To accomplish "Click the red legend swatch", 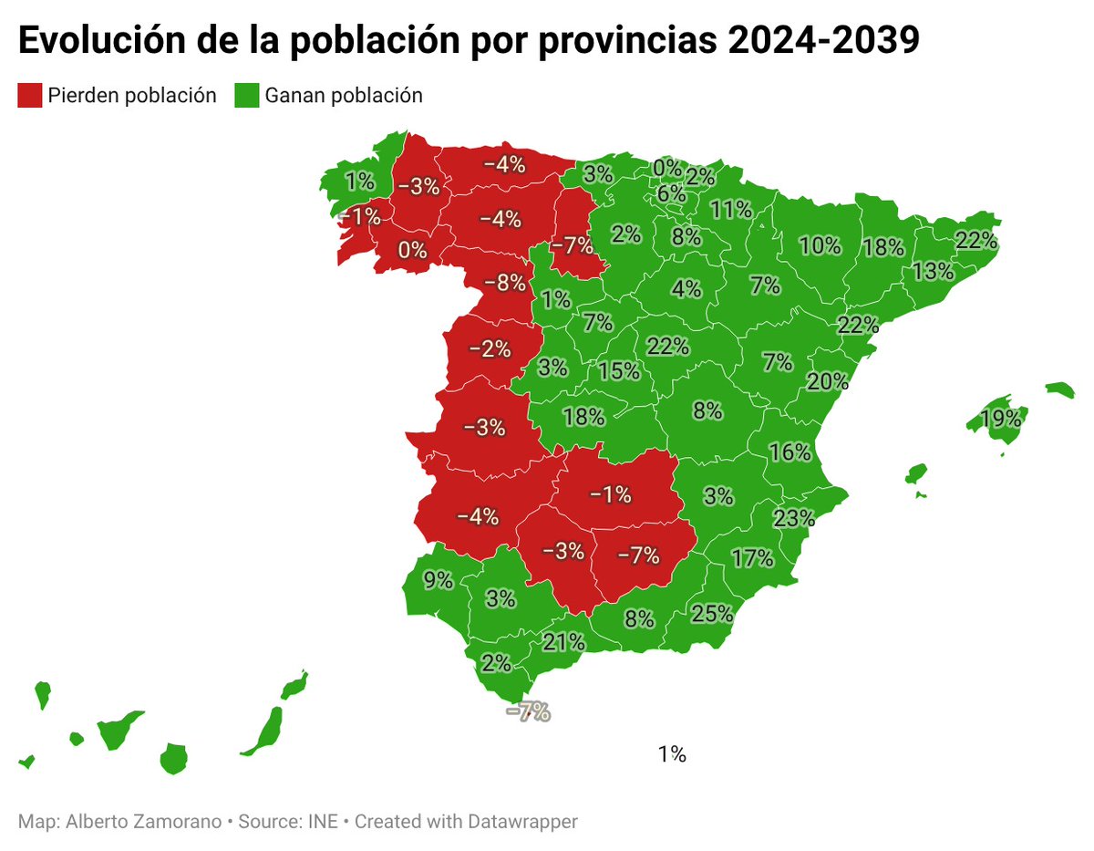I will coord(30,95).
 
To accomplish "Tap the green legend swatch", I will coord(247,95).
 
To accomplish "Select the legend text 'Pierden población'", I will coord(132,95).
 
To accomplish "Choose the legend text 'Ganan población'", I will coord(344,95).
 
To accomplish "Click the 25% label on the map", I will coord(712,613).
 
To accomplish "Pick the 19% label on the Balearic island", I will coord(1000,420).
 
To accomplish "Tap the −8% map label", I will coord(503,282).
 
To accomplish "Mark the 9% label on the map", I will coord(438,579).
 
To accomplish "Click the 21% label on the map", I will coord(563,642).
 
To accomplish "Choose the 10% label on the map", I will coord(820,245).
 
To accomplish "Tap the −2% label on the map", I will coord(490,348).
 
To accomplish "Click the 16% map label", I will coord(790,451).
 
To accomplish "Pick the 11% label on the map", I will coord(731,210).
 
